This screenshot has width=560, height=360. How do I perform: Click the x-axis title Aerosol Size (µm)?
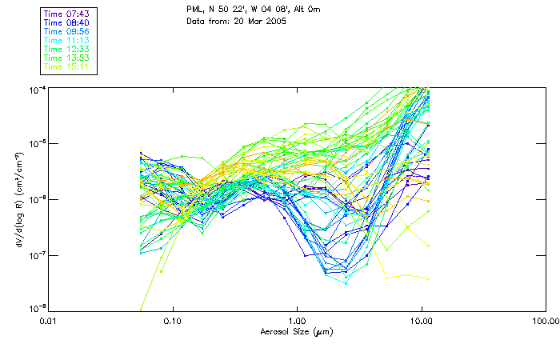pyautogui.click(x=297, y=330)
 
